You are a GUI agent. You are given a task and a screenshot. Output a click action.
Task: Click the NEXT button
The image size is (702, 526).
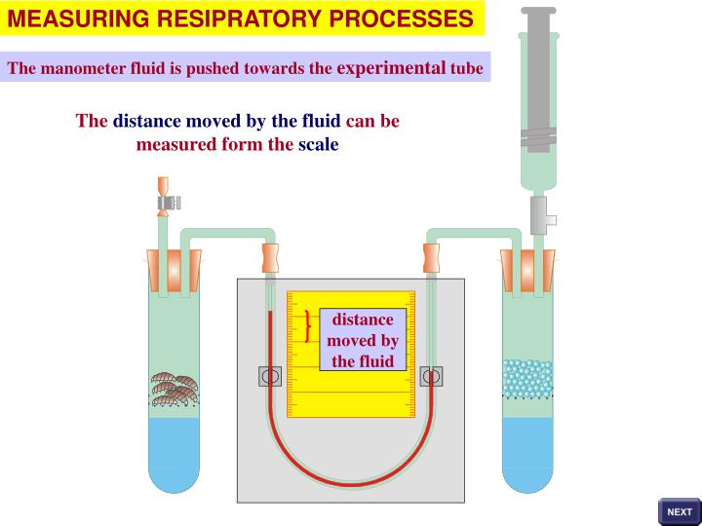point(679,511)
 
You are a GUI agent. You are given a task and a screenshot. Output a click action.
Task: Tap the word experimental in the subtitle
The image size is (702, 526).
point(391,67)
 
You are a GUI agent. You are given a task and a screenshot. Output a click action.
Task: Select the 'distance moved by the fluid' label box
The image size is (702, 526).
point(363,340)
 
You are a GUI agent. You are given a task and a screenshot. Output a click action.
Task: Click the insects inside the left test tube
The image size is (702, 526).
point(175,387)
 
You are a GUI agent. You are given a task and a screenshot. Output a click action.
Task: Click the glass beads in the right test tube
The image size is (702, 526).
point(526,379)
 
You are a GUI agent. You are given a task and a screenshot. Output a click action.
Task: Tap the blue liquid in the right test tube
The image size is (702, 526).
point(526,453)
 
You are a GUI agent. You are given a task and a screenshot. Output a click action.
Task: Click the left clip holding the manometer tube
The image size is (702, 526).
point(270,377)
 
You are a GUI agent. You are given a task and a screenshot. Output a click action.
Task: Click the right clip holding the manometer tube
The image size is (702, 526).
point(431,376)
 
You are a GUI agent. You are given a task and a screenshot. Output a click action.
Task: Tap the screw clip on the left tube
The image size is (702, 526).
point(169,202)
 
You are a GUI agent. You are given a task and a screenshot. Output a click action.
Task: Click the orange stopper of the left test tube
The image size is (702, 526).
point(175,270)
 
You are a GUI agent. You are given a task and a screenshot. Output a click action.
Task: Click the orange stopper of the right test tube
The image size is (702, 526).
point(527,270)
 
